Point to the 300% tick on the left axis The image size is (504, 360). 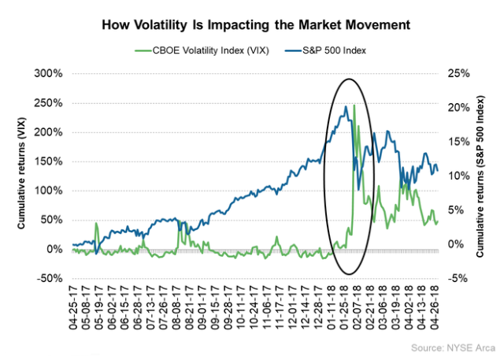click(50, 73)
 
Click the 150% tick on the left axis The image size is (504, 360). click(50, 161)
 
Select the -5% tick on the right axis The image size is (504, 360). click(458, 278)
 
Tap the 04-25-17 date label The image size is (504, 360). click(73, 308)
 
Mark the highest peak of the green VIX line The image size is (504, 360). click(354, 106)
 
